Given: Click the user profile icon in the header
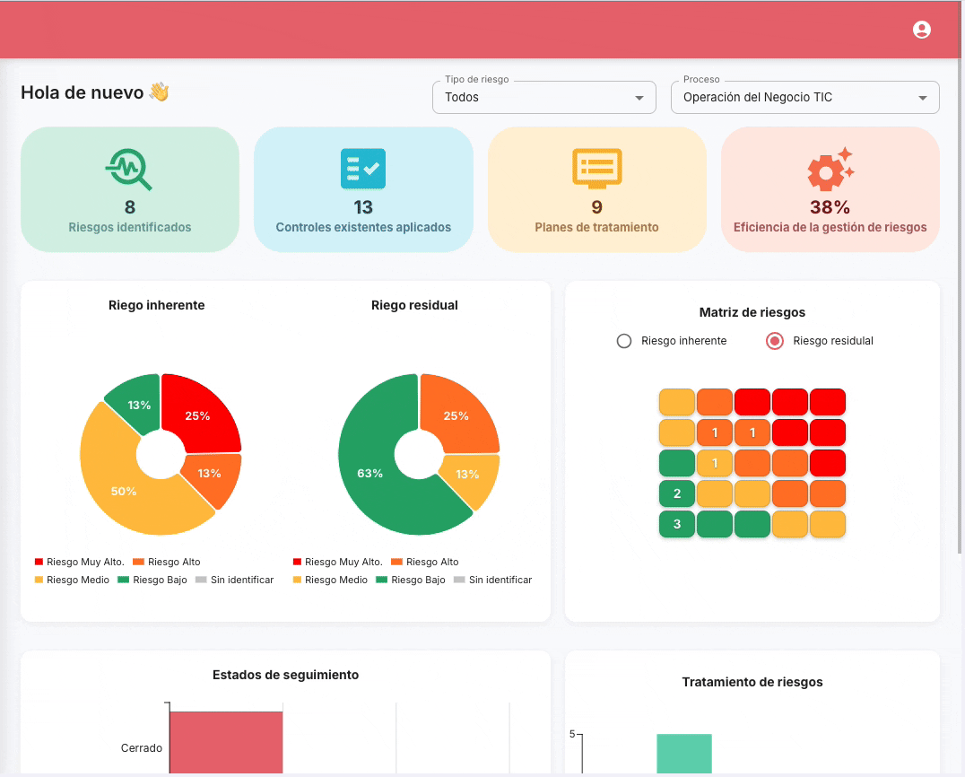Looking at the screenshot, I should (921, 30).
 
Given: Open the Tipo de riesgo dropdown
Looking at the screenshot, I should (543, 97).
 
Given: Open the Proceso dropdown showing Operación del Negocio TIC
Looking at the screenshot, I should (804, 97).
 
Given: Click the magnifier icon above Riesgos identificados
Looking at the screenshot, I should (129, 169).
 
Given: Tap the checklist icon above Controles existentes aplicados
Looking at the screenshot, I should (363, 169).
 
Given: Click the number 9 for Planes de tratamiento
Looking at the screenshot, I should (596, 207).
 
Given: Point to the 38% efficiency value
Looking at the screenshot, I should (830, 207).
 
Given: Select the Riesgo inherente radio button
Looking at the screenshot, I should (624, 341).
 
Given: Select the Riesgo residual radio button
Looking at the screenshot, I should (776, 341).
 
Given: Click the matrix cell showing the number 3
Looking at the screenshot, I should (677, 524).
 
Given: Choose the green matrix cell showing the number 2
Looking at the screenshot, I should (677, 493).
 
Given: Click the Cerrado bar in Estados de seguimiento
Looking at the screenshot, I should (226, 742).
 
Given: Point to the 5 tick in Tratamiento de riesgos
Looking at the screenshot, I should (572, 734).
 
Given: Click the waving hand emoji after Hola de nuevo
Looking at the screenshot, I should (159, 92).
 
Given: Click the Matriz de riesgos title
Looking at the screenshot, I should (752, 312).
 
